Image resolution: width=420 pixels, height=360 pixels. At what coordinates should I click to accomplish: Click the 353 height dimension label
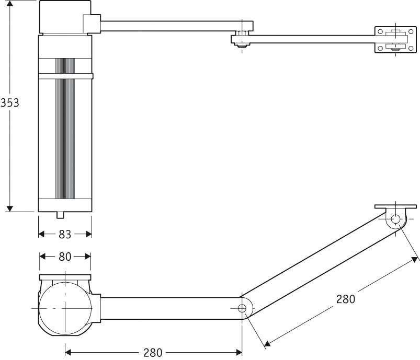(x=10, y=102)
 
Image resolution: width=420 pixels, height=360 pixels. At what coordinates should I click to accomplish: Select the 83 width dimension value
(x=65, y=235)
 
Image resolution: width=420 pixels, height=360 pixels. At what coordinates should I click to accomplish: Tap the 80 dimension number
(x=65, y=257)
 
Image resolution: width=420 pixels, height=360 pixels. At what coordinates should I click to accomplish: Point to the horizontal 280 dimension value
(x=153, y=352)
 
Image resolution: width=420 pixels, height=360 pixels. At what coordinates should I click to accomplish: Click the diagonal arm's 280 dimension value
(x=345, y=299)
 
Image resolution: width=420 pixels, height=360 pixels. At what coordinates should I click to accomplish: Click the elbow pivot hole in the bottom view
(x=242, y=308)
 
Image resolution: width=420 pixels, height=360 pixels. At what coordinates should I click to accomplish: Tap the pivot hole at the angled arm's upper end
(x=396, y=219)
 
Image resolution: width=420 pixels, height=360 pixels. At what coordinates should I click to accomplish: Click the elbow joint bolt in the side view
(x=241, y=39)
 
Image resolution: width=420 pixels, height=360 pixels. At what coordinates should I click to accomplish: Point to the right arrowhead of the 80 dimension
(x=88, y=257)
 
